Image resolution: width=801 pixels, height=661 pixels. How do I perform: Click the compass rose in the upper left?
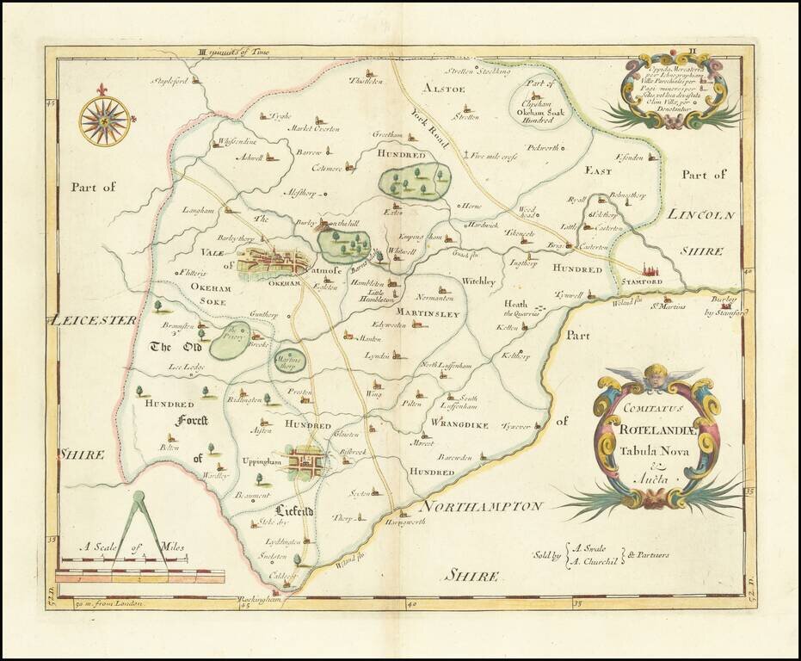(x=104, y=120)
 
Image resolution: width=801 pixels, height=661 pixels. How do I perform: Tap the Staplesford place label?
(x=169, y=82)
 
